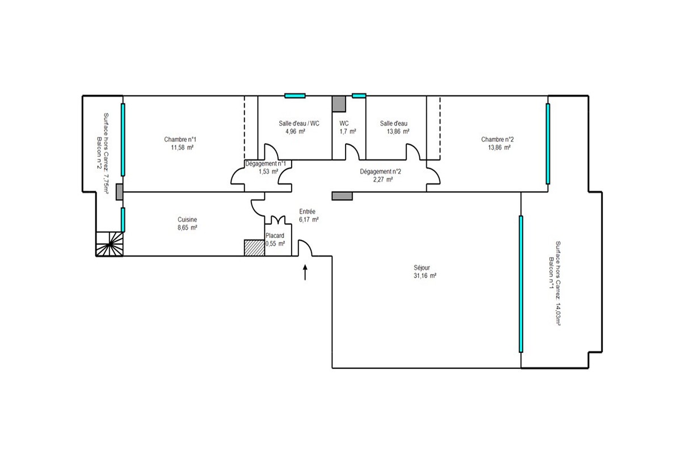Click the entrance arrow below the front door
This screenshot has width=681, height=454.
point(305,272)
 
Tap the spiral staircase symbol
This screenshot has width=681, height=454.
point(110,244)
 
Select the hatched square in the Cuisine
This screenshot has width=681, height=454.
point(254,248)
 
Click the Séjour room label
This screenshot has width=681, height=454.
point(422,268)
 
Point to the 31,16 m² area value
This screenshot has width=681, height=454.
point(424,276)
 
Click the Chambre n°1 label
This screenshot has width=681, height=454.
point(180,140)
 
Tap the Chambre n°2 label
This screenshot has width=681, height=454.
point(497,140)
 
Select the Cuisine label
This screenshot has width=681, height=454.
point(187,220)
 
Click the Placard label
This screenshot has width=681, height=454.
point(275,236)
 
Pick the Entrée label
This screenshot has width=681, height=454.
point(307,211)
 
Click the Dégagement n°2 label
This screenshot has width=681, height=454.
point(380,171)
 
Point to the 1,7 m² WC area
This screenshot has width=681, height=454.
point(348,132)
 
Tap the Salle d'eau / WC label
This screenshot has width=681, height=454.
point(299,124)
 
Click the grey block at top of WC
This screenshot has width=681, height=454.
point(339,104)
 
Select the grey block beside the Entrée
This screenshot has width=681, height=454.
point(342,196)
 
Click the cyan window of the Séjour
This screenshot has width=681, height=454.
point(521,284)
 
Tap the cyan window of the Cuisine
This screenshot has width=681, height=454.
point(123,220)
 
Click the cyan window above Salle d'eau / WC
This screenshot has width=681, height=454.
point(295,96)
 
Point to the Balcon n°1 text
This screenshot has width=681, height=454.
point(550,273)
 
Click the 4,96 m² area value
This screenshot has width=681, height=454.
point(295,132)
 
